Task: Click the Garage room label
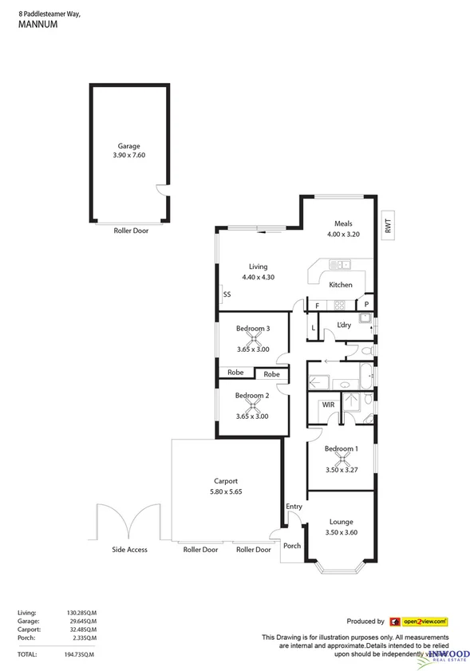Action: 129,146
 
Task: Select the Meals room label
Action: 344,224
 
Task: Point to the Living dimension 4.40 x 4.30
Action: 258,277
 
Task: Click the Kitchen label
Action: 341,285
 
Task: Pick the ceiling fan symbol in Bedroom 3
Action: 252,338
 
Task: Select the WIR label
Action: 328,405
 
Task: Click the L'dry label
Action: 344,325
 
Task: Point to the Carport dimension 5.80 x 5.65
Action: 226,491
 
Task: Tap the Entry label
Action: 294,507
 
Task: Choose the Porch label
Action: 292,547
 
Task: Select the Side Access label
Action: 129,550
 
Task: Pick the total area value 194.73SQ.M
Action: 81,654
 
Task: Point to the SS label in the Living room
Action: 227,294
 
